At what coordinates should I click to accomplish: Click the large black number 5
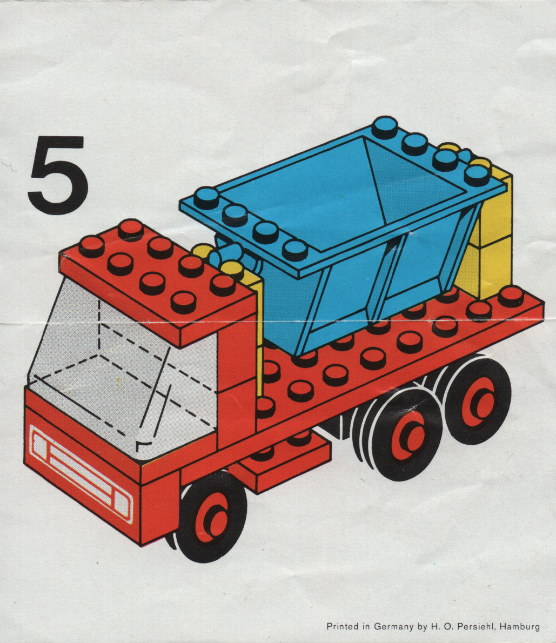click(58, 176)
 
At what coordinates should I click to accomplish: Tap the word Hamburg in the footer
click(519, 627)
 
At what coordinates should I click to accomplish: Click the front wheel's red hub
click(212, 518)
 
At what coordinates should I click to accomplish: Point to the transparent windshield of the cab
click(123, 369)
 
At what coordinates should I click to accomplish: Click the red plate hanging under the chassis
click(283, 464)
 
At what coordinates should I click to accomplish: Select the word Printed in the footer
click(343, 627)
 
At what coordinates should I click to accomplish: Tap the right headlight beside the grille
click(122, 503)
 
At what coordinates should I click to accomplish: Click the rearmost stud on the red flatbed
click(511, 296)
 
